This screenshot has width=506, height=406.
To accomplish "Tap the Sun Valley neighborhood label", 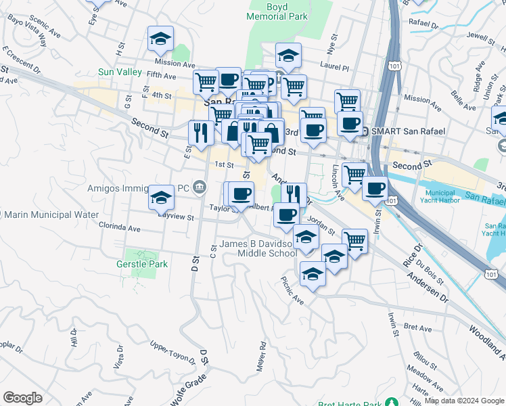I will pos(119,72).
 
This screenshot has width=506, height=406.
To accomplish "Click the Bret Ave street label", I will pos(417,329).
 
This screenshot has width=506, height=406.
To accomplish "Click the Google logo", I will pos(22,398).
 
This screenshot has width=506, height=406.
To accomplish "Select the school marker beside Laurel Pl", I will pos(289,57).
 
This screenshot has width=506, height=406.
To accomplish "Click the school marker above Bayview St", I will pos(161,198).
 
